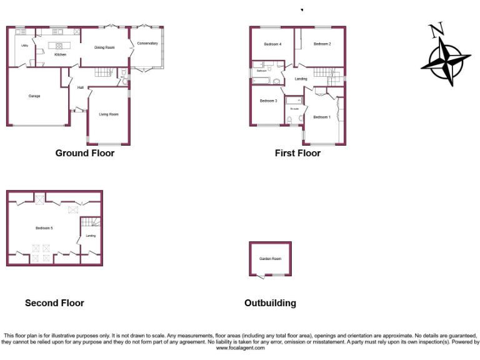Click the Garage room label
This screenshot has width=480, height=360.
34,96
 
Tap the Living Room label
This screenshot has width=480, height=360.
109,114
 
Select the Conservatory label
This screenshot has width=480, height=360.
147,43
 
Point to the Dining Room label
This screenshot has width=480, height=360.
104,47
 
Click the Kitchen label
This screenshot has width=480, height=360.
60,54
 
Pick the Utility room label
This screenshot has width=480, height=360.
24,46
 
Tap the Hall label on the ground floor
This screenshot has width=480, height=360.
81,87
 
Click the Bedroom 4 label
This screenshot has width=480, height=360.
272,44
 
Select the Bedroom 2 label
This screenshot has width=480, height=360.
322,44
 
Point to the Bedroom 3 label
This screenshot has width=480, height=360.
268,101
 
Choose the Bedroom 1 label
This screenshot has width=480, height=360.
322,117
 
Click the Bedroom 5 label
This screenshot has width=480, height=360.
44,228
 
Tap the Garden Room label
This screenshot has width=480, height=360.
271,259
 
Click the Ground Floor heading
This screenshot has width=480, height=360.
85,153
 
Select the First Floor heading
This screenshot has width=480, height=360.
297,153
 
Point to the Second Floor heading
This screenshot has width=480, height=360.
54,303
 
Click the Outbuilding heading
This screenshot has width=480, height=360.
270,303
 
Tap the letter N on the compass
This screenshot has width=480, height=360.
436,29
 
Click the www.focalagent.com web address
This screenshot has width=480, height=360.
240,348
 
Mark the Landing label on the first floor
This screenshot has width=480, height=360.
301,79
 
